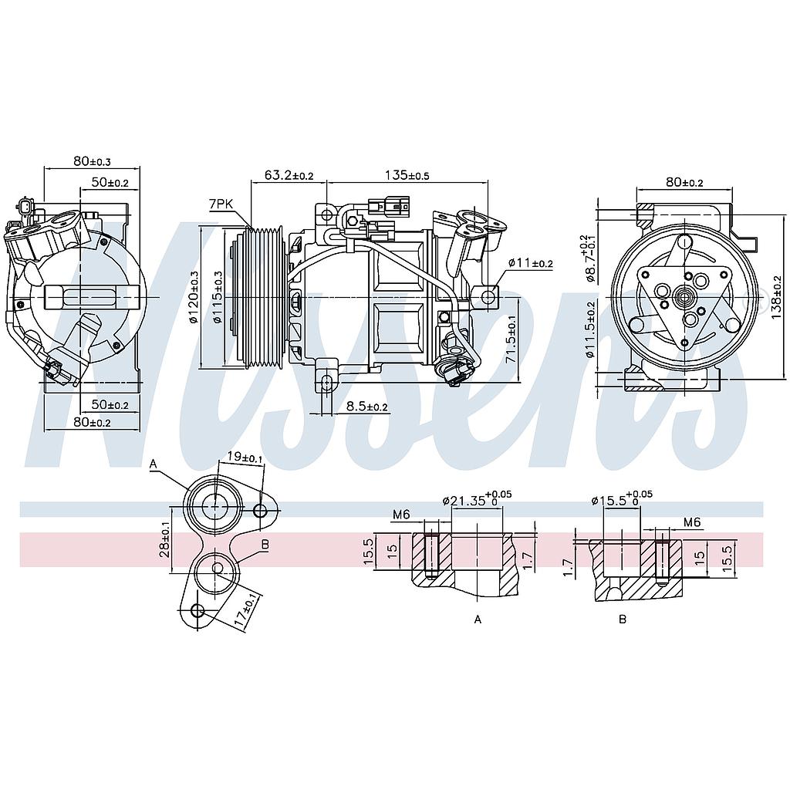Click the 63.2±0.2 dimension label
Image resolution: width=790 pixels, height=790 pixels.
[289, 176]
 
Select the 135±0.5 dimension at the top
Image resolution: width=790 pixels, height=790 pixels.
[407, 176]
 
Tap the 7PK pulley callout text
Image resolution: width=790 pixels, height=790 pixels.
[220, 204]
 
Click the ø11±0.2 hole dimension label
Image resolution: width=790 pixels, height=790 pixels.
[531, 263]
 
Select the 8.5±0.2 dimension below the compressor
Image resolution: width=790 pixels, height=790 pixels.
[366, 407]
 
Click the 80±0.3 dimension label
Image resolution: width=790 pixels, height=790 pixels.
[92, 161]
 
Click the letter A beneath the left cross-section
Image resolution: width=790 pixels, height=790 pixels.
[478, 619]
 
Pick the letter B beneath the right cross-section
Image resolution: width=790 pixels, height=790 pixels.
[623, 619]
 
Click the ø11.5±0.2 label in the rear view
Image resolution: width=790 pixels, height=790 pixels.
[590, 330]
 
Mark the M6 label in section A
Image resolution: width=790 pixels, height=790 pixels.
[400, 515]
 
